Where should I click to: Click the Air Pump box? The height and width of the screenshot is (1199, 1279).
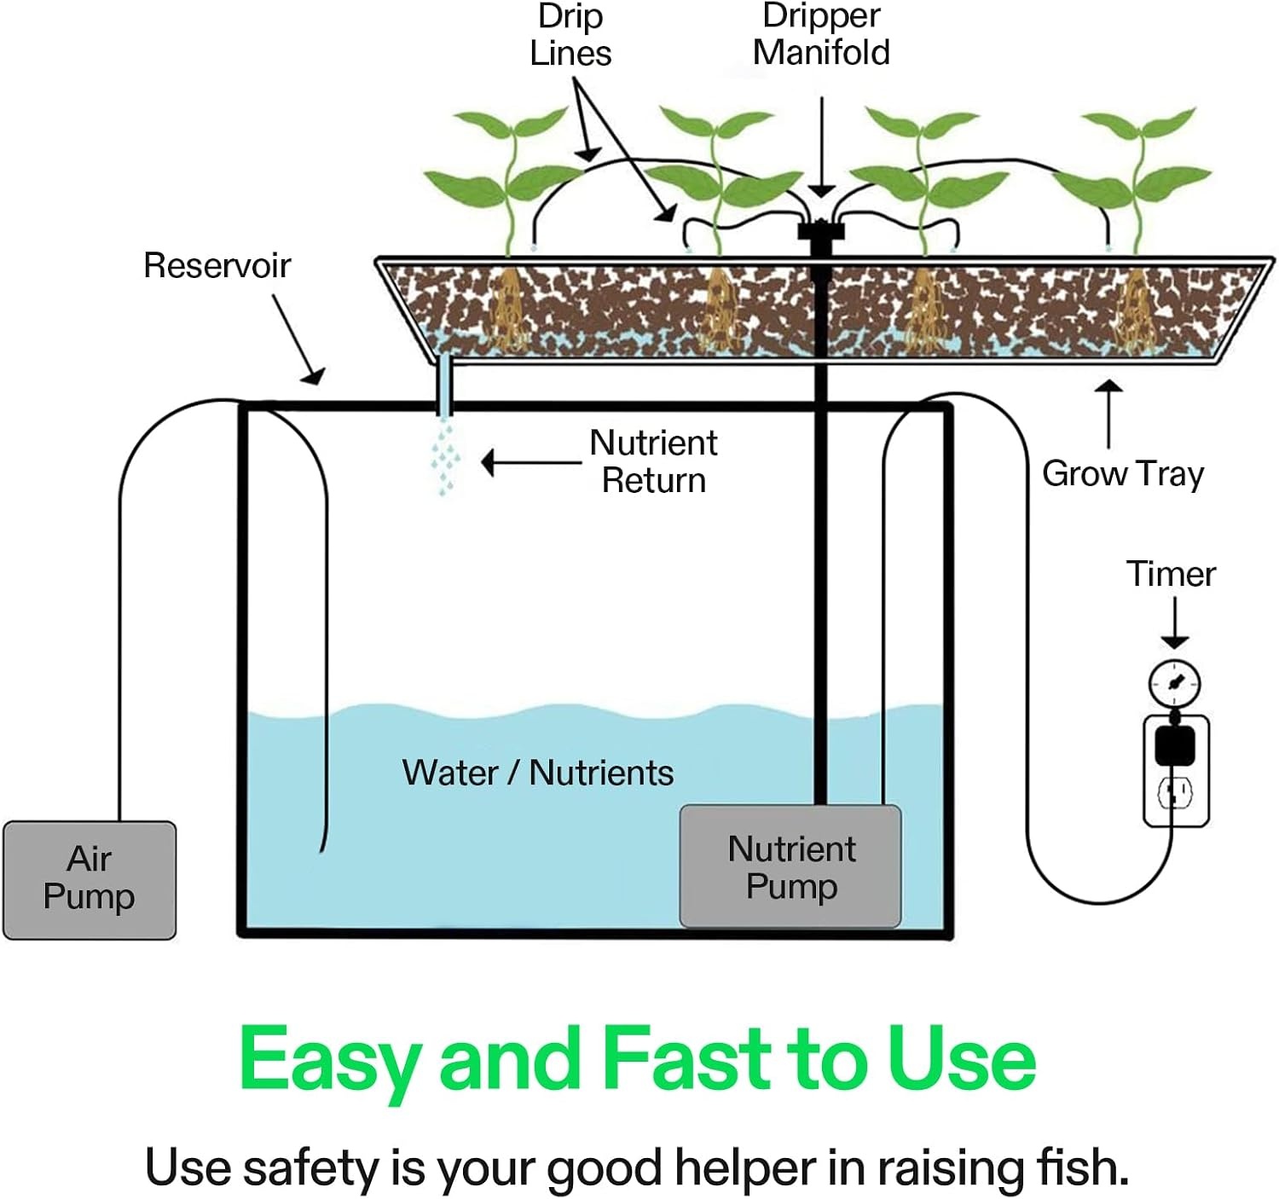click(x=90, y=879)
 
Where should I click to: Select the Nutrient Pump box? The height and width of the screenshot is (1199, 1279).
click(x=790, y=866)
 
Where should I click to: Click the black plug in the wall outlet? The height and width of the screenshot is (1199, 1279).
click(x=1175, y=745)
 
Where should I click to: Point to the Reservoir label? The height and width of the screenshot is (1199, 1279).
click(x=217, y=265)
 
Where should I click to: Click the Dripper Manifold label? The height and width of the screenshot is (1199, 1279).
click(x=821, y=34)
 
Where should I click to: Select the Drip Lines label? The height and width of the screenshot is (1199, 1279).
click(x=570, y=35)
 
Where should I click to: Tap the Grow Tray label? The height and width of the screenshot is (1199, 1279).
click(x=1123, y=474)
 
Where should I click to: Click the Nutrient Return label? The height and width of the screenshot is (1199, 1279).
click(x=653, y=461)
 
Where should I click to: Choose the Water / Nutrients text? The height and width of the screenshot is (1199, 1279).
click(x=538, y=773)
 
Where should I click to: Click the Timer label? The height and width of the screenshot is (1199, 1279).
click(x=1171, y=573)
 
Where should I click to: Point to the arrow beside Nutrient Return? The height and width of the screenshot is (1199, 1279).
click(x=531, y=462)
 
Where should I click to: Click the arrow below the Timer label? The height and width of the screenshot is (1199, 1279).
click(x=1175, y=623)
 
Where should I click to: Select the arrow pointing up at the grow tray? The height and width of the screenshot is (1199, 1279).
click(x=1109, y=414)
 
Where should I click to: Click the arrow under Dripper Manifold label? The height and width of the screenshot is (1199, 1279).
click(x=821, y=148)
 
